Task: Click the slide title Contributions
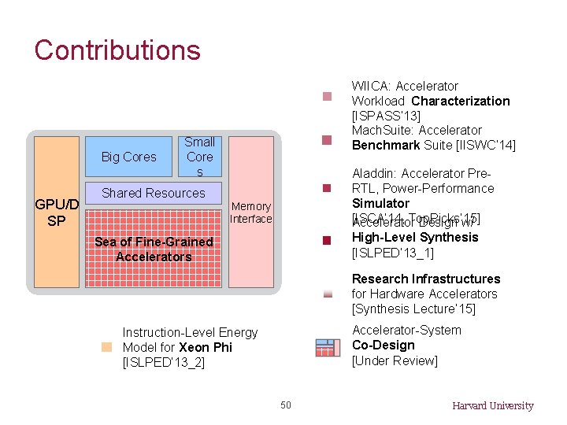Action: pyautogui.click(x=117, y=50)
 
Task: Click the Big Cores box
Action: pyautogui.click(x=129, y=157)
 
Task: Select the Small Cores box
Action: pyautogui.click(x=199, y=157)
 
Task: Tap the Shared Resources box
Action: pyautogui.click(x=154, y=193)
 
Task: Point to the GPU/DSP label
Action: pyautogui.click(x=57, y=213)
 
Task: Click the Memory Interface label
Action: pyautogui.click(x=250, y=213)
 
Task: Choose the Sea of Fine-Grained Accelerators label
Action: pyautogui.click(x=154, y=249)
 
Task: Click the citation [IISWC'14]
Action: pyautogui.click(x=486, y=145)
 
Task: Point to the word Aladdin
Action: pyautogui.click(x=373, y=173)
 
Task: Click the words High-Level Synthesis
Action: pyautogui.click(x=415, y=237)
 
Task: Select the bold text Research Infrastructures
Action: pyautogui.click(x=426, y=279)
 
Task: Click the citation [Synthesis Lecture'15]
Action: pyautogui.click(x=413, y=309)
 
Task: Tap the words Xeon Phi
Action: pyautogui.click(x=206, y=347)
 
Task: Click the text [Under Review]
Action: pyautogui.click(x=395, y=360)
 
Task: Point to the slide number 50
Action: pyautogui.click(x=286, y=405)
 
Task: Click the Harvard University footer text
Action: pyautogui.click(x=492, y=406)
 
